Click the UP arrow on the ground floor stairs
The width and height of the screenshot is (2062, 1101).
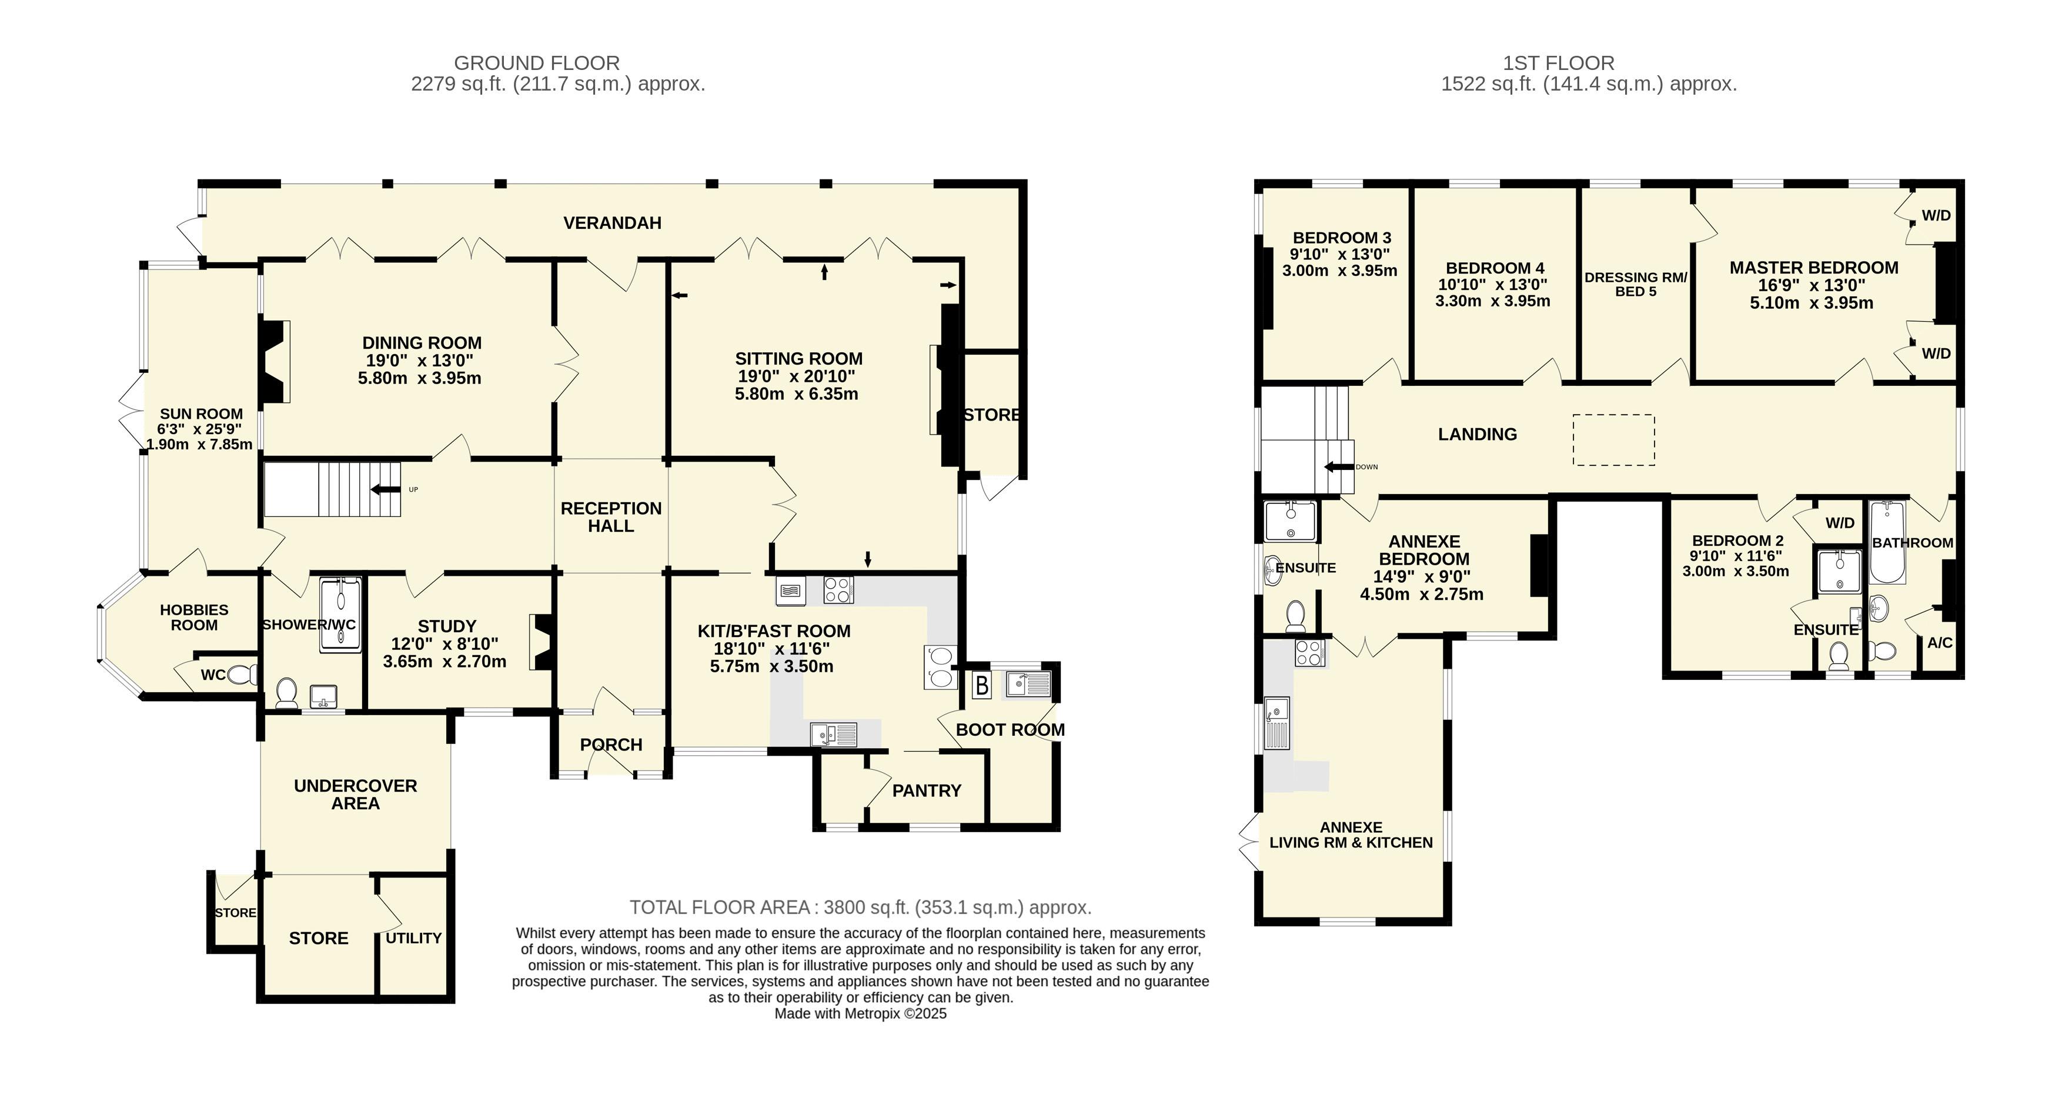[386, 489]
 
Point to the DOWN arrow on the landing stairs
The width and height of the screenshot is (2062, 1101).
[1338, 467]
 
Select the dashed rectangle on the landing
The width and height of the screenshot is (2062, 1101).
[1614, 439]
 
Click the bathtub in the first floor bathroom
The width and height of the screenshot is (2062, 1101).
[1887, 542]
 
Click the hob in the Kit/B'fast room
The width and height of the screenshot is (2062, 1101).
[838, 590]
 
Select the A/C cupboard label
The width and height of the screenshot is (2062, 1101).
[1940, 643]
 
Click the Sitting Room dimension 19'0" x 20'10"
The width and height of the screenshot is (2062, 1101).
[797, 376]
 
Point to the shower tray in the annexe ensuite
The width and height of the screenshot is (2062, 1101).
[1289, 521]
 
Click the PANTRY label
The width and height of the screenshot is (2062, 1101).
[927, 791]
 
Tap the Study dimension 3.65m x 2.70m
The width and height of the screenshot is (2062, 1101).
[445, 662]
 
